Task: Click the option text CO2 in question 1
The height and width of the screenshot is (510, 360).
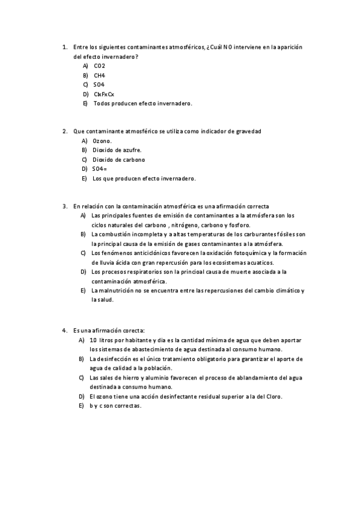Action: (100, 66)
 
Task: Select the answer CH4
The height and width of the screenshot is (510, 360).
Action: (99, 75)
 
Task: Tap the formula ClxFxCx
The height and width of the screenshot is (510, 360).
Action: (104, 94)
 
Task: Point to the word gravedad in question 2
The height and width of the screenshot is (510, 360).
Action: (248, 131)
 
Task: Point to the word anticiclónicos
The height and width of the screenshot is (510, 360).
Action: (147, 253)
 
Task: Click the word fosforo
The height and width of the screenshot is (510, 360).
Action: (237, 224)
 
